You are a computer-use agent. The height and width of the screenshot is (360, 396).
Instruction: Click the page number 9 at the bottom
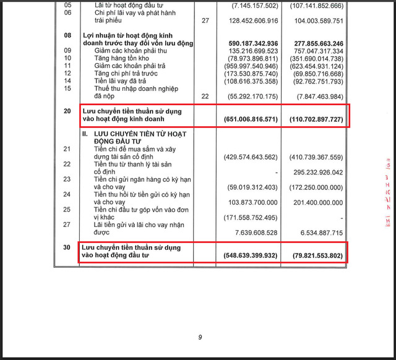(x=200, y=337)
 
